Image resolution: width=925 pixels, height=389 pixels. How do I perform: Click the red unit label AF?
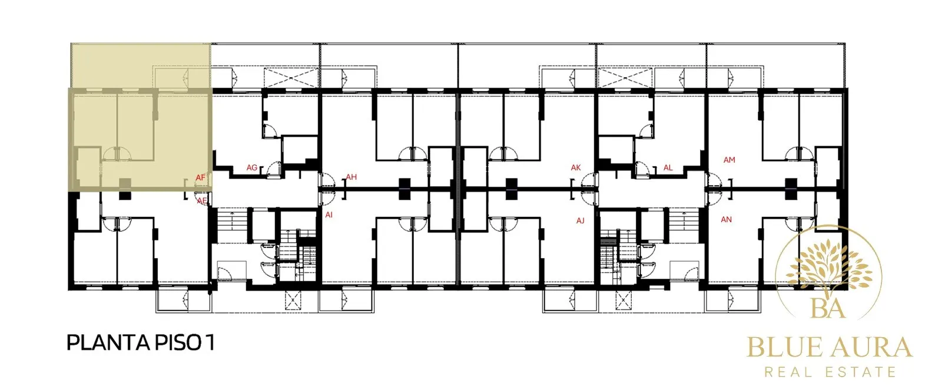pyautogui.click(x=200, y=178)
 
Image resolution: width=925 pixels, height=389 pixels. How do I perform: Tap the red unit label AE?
pyautogui.click(x=201, y=201)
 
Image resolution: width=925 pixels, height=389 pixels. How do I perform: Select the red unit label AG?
pyautogui.click(x=252, y=167)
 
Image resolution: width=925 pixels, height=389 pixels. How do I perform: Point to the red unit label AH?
pyautogui.click(x=351, y=177)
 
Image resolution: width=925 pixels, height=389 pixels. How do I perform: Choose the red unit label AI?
pyautogui.click(x=329, y=215)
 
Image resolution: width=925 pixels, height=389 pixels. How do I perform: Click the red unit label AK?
pyautogui.click(x=576, y=167)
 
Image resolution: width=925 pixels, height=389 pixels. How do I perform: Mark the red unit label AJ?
pyautogui.click(x=580, y=221)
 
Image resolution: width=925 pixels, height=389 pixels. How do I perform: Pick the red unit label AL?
pyautogui.click(x=668, y=167)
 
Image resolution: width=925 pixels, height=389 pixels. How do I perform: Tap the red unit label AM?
pyautogui.click(x=730, y=160)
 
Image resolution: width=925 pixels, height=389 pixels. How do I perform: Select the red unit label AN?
pyautogui.click(x=726, y=219)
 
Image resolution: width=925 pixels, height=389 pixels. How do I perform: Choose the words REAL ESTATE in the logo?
pyautogui.click(x=830, y=372)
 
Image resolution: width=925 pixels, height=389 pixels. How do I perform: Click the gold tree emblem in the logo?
pyautogui.click(x=828, y=269)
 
